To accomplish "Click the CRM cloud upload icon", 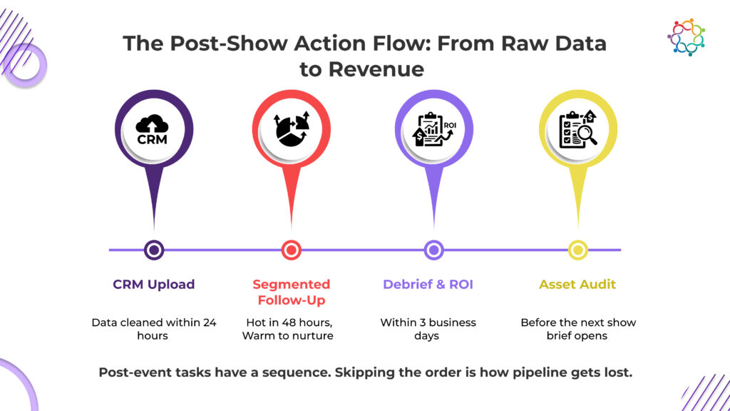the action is tap(153, 130).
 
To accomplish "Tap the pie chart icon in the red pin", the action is tap(292, 129).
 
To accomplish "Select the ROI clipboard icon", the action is tap(434, 129).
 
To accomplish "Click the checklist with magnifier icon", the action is tap(577, 129).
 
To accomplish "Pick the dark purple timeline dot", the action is tap(154, 250).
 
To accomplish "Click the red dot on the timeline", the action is tap(292, 250).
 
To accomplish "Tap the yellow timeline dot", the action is tap(577, 250).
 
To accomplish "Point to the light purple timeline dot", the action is tap(434, 250).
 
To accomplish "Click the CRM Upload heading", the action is tap(154, 284).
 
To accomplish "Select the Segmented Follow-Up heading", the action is tap(292, 292).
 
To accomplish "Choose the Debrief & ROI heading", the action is tap(428, 284).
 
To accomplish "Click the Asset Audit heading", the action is tap(577, 284).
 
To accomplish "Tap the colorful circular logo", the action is tap(687, 37).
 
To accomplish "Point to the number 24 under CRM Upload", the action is tap(210, 323).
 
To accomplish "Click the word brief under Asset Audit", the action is tap(559, 335).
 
